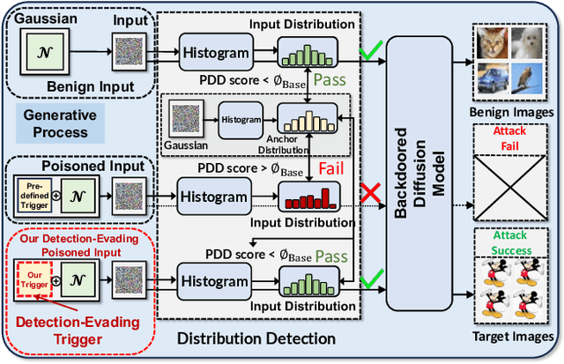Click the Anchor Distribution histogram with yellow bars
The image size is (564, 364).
coord(305,116)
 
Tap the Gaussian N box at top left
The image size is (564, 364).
coord(42,52)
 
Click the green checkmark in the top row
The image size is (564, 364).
coord(371,55)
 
